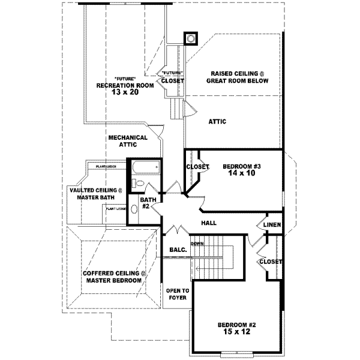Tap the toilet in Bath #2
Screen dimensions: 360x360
pos(139,184)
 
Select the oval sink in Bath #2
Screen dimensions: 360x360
pos(145,208)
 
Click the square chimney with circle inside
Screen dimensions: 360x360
pos(191,38)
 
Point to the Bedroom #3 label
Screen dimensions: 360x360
pos(241,166)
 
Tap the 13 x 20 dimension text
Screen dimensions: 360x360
pos(124,92)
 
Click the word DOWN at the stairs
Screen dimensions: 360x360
pos(197,244)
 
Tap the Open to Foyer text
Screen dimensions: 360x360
pos(177,293)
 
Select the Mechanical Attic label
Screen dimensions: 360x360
pos(128,141)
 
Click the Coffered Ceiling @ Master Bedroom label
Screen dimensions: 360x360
pos(114,277)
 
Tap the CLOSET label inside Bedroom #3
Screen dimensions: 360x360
pos(197,167)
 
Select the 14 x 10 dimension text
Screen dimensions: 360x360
pos(241,174)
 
